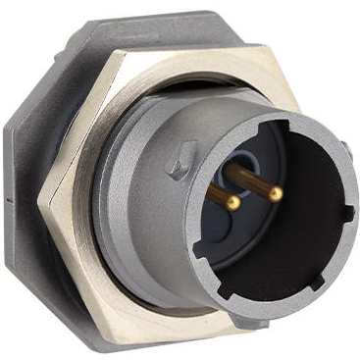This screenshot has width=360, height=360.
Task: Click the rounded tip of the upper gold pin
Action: pyautogui.click(x=276, y=194)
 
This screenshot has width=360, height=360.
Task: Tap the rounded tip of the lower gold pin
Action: pyautogui.click(x=232, y=202)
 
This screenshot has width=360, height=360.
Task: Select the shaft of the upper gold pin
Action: pyautogui.click(x=250, y=180)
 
